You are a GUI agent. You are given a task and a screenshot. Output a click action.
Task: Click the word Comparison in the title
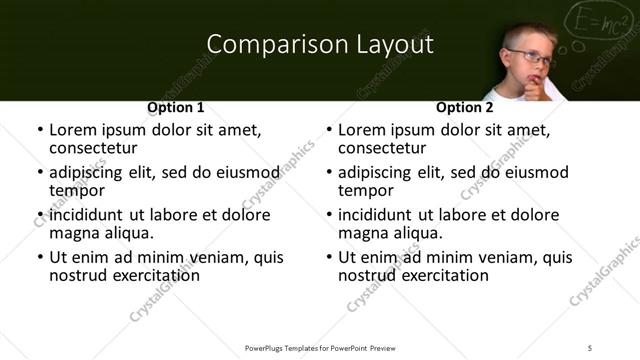[264, 44]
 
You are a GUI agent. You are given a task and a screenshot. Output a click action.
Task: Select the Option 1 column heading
[176, 107]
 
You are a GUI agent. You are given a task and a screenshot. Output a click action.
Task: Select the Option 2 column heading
[464, 107]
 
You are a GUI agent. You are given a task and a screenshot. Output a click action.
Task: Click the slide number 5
[590, 348]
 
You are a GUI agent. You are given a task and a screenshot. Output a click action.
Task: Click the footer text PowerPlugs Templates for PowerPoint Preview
[320, 348]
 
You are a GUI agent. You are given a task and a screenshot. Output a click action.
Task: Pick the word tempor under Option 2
[364, 191]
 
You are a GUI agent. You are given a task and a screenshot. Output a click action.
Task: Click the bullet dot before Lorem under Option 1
[39, 131]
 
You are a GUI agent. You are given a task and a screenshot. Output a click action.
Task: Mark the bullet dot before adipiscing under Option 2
[328, 173]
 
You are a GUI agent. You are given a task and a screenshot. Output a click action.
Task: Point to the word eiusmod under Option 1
[238, 173]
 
